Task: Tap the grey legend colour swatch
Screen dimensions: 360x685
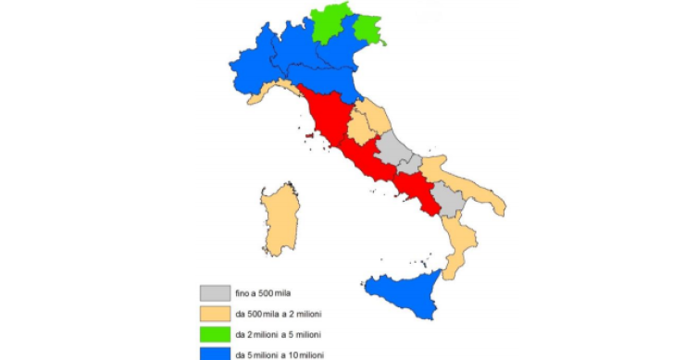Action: (x=214, y=292)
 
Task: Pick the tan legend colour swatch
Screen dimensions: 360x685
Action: (x=214, y=312)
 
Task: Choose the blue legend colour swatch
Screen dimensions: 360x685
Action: (x=214, y=352)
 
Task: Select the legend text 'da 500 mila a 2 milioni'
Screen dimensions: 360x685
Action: (x=279, y=313)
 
